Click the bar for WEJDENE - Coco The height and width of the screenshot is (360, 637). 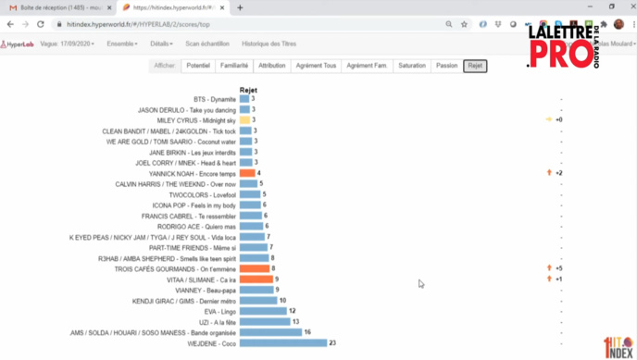[282, 343]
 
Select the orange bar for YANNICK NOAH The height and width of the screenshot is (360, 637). [247, 173]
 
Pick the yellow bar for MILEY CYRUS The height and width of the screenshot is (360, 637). [244, 120]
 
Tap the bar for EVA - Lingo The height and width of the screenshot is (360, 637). [263, 311]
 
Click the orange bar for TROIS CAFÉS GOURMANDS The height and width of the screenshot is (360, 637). [254, 268]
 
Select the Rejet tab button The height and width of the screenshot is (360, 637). [475, 67]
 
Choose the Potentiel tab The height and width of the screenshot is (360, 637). [198, 67]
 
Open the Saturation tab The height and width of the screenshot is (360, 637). [412, 67]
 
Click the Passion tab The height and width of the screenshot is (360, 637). [446, 67]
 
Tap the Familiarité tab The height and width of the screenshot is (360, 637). [234, 67]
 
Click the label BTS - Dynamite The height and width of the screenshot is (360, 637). [214, 99]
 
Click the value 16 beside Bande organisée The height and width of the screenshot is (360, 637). [307, 332]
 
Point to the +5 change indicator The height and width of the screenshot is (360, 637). [559, 268]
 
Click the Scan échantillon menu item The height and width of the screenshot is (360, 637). [207, 43]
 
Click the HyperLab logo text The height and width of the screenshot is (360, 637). [19, 43]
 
